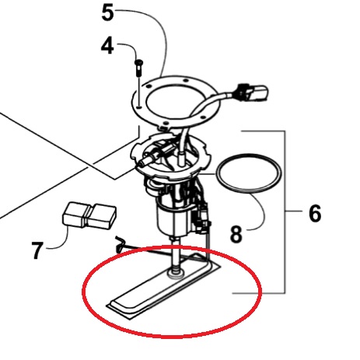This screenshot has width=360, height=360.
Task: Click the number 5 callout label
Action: pyautogui.click(x=107, y=13)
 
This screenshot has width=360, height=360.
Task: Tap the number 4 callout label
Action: pyautogui.click(x=107, y=46)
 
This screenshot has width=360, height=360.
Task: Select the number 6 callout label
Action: pyautogui.click(x=315, y=213)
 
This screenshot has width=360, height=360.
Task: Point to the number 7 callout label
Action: pyautogui.click(x=37, y=250)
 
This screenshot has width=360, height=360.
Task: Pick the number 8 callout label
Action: pyautogui.click(x=236, y=234)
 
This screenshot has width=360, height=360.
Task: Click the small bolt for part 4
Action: pyautogui.click(x=138, y=68)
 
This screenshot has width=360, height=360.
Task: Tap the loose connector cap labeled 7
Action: pyautogui.click(x=89, y=216)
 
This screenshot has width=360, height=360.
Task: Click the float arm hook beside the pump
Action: pyautogui.click(x=120, y=244)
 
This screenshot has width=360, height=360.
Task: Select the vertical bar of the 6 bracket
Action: pyautogui.click(x=285, y=212)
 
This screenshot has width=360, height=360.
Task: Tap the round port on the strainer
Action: pyautogui.click(x=176, y=274)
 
